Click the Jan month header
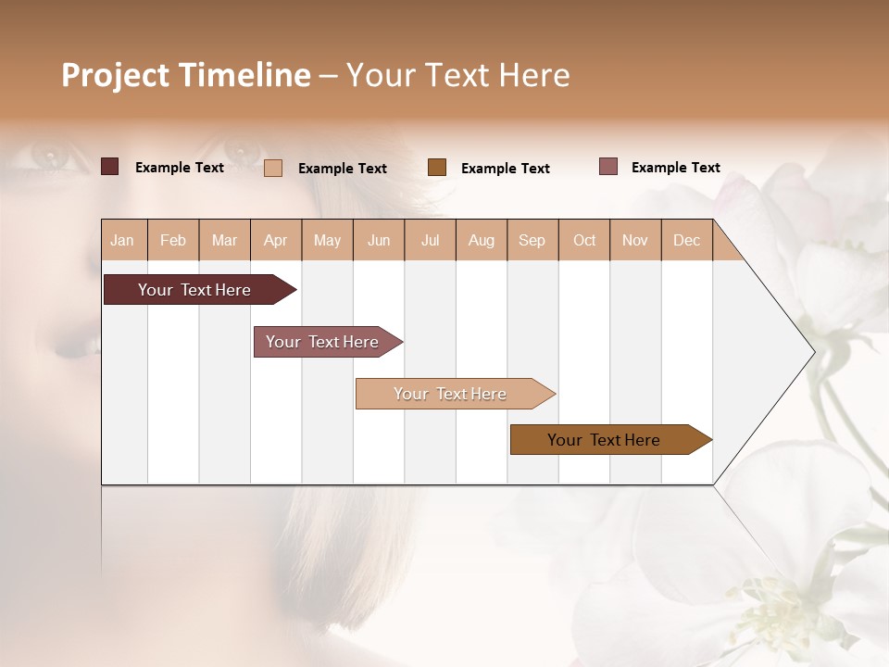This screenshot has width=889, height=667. pos(123,240)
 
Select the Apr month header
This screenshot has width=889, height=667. pos(276,240)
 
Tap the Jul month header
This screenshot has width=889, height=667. pos(431,240)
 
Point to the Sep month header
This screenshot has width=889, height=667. pos(532,240)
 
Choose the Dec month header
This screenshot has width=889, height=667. pos(687,240)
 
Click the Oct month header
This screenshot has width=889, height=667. pos(584,240)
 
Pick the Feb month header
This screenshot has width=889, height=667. pos(173,240)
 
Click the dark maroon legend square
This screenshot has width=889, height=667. pos(109,167)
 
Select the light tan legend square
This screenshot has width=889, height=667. pos(273,168)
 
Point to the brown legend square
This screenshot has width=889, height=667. pos(437,167)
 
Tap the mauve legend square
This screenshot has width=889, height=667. pos(608,167)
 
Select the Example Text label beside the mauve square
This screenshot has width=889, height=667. pos(676,168)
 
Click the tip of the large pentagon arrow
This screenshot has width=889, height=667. pos(812,352)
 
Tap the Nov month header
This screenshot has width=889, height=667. pos(635,240)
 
